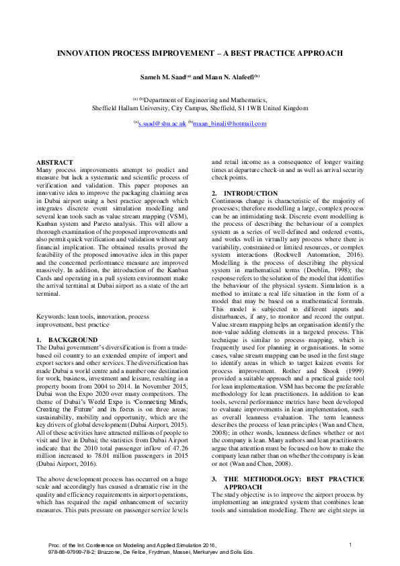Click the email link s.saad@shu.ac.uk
[161, 124]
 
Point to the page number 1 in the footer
[350, 543]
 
